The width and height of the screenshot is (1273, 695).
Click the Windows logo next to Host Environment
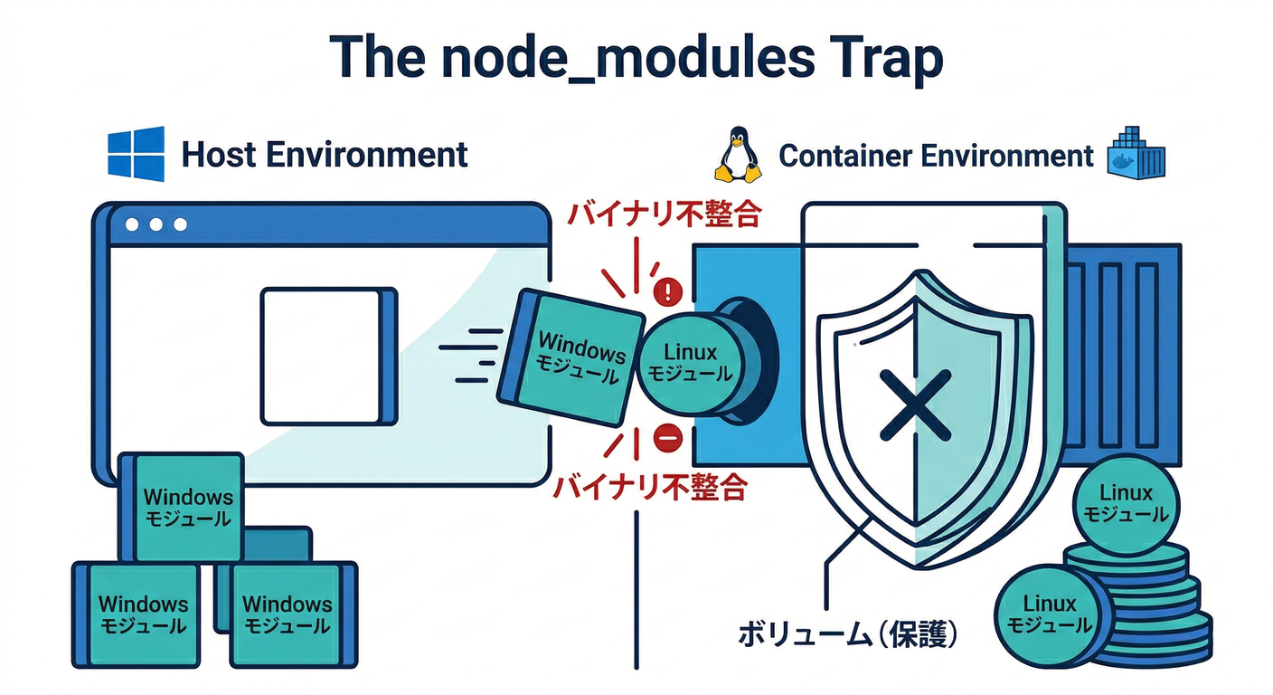click(137, 154)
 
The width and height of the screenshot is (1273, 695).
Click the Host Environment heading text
click(325, 155)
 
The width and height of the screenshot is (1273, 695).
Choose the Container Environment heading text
click(936, 156)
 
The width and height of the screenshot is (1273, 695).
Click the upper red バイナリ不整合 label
click(663, 214)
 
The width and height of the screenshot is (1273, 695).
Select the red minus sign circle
click(667, 437)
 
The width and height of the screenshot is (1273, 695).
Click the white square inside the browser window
click(324, 356)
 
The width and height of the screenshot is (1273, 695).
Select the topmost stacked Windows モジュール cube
click(185, 507)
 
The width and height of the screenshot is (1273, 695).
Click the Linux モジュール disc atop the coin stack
click(1127, 504)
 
